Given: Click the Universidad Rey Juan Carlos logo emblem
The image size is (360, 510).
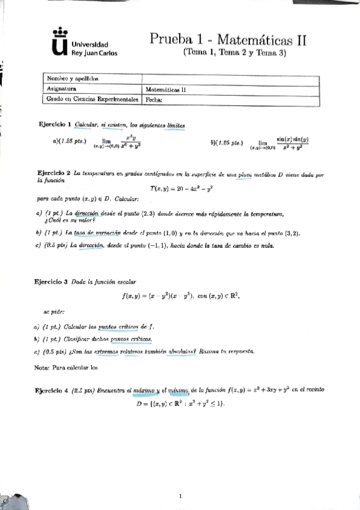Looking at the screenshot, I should (58, 45).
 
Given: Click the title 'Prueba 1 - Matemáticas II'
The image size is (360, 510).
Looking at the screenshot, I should (228, 40).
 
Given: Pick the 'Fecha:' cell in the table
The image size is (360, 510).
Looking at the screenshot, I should (155, 100).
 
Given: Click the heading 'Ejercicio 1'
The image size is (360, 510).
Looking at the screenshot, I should (55, 124).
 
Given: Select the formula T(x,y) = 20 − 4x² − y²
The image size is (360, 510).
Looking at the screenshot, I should (180, 188).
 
